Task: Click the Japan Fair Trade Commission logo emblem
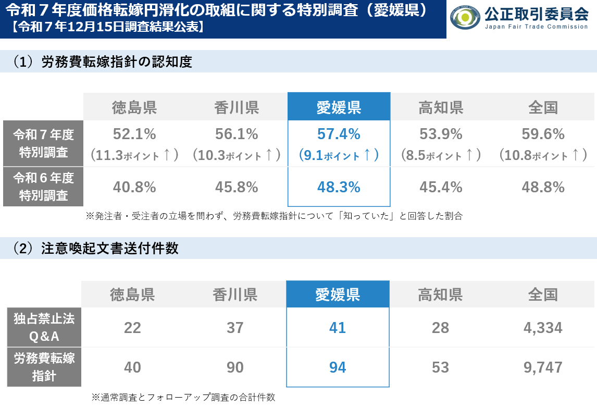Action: click(x=465, y=18)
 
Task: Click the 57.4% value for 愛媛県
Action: click(x=339, y=134)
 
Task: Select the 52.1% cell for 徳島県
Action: click(x=134, y=134)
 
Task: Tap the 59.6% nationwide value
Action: click(x=543, y=134)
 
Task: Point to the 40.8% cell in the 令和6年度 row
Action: click(x=134, y=187)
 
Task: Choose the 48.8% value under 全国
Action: click(x=543, y=187)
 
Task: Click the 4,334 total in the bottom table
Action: click(x=543, y=328)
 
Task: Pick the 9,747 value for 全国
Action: click(x=543, y=367)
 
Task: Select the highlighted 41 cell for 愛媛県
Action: click(x=338, y=328)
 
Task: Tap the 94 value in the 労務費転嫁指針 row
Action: click(x=338, y=367)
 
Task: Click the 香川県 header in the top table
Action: click(x=237, y=107)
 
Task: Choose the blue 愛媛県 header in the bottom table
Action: click(x=338, y=295)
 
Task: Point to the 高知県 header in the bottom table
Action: click(x=440, y=295)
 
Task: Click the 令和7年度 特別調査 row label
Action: click(x=43, y=143)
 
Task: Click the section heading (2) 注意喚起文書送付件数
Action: click(x=96, y=249)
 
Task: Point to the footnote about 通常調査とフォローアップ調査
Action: click(x=183, y=397)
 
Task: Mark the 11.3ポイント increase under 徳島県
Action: click(x=134, y=155)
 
